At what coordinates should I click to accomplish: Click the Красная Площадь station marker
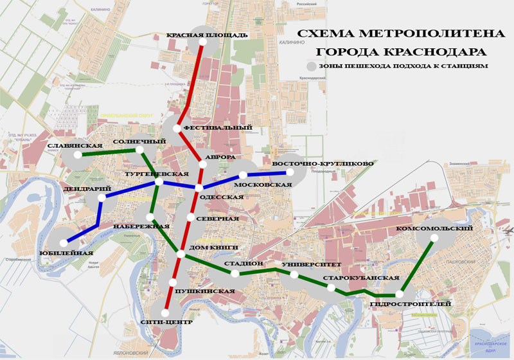[x=202, y=42]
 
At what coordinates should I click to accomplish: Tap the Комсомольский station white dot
[x=433, y=239]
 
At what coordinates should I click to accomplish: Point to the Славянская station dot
[x=77, y=155]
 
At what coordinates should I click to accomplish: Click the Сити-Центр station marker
[x=167, y=311]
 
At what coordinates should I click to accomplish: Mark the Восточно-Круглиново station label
[x=323, y=163]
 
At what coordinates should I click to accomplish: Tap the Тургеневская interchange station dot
[x=158, y=184]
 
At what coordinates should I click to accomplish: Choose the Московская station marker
[x=244, y=175]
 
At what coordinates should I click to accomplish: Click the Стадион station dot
[x=235, y=273]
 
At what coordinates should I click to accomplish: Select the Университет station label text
[x=305, y=264]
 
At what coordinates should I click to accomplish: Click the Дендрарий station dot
[x=102, y=198]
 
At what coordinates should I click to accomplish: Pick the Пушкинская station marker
[x=173, y=282]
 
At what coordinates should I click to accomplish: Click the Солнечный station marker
[x=139, y=150]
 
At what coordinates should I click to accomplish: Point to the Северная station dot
[x=190, y=218]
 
